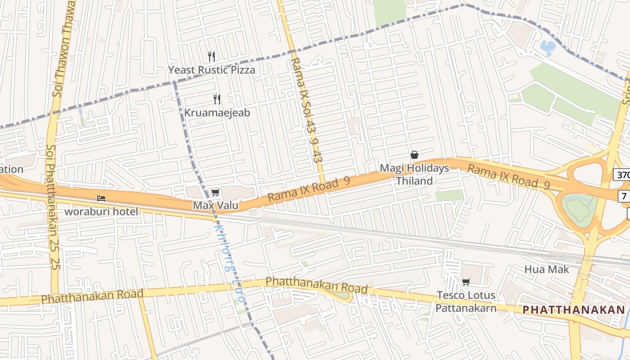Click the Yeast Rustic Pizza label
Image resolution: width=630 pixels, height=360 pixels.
(211, 70)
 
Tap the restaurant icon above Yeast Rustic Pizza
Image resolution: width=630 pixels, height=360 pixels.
(211, 57)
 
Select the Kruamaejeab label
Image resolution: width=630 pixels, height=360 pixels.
(217, 112)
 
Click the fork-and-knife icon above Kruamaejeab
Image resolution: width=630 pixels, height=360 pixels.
(217, 99)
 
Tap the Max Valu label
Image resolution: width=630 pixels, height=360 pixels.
(216, 206)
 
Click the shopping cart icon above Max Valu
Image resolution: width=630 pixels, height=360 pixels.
(215, 193)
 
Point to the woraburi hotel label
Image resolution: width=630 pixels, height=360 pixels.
(102, 211)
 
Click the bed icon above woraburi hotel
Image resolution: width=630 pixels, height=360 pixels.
(101, 198)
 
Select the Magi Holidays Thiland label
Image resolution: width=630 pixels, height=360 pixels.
(414, 175)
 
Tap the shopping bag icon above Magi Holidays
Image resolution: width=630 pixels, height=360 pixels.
(414, 155)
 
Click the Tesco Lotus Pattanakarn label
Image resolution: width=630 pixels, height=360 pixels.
(466, 301)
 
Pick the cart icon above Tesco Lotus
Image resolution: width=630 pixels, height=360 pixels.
(466, 282)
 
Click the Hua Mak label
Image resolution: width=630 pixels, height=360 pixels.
(547, 270)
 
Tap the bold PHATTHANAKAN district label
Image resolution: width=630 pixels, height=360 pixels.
(574, 310)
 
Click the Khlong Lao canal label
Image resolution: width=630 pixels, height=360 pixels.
(229, 263)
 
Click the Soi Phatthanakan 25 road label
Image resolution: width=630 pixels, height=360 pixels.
(53, 207)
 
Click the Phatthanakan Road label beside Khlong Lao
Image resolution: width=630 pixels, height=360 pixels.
(316, 285)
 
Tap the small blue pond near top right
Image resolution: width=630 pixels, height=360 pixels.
(548, 47)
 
